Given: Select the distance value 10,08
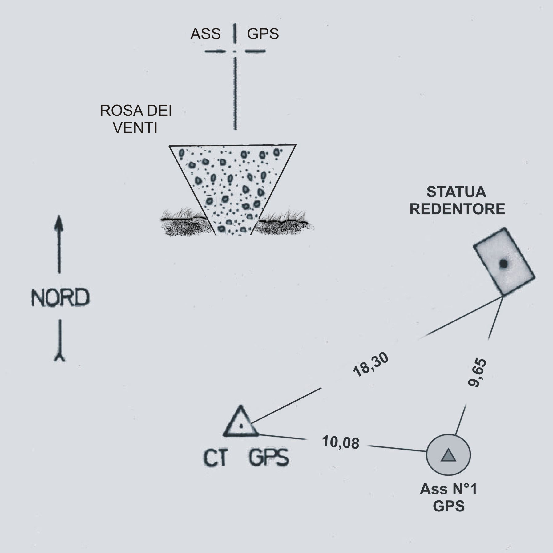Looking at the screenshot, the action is click(x=341, y=442).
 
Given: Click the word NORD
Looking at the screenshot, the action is click(x=60, y=297).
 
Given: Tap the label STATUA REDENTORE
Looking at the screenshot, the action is click(x=457, y=201).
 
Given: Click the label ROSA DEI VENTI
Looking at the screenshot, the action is click(x=136, y=119).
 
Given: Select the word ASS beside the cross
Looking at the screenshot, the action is click(x=206, y=34).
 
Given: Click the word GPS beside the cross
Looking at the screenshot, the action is click(x=263, y=34).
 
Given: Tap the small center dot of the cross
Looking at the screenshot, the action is click(x=235, y=51).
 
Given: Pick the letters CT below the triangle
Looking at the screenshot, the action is click(x=215, y=458).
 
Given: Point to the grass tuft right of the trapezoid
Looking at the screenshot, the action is click(x=284, y=222).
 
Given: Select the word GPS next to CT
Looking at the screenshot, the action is click(x=268, y=457).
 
